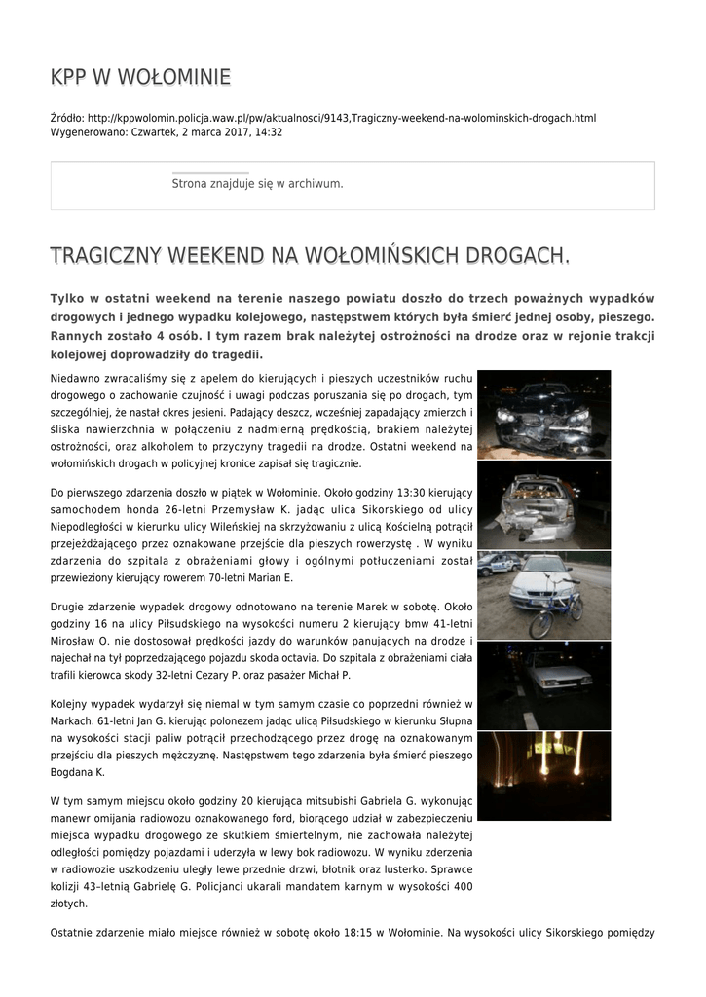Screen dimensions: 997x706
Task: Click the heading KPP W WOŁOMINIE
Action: click(x=140, y=77)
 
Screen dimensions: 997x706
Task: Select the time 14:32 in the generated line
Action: click(x=269, y=131)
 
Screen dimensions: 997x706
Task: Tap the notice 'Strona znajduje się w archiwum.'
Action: click(x=257, y=183)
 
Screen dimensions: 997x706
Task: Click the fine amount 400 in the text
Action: click(x=463, y=886)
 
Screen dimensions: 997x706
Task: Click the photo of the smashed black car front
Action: click(x=543, y=414)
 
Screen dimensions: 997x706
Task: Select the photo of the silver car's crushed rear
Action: click(x=543, y=504)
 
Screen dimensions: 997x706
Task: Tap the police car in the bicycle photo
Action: click(x=497, y=564)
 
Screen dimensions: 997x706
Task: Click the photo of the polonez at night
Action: click(x=543, y=685)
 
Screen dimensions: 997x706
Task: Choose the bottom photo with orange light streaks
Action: click(x=543, y=776)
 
